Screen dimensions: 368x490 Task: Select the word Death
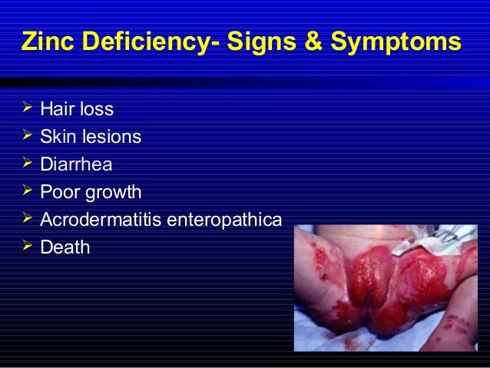click(x=65, y=247)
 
